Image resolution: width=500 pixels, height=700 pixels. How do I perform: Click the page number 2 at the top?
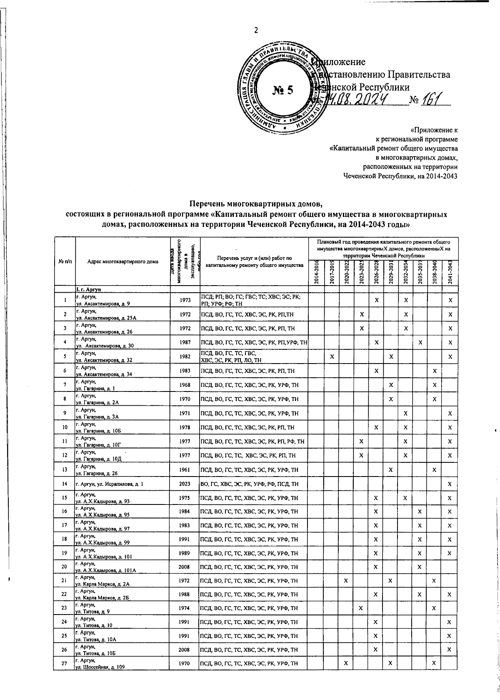[x=256, y=30]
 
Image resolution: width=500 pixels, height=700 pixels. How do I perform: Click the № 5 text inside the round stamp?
[x=283, y=90]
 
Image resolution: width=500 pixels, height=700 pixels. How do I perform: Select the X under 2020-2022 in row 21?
[x=346, y=580]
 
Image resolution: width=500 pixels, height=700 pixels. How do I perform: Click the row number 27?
[x=64, y=663]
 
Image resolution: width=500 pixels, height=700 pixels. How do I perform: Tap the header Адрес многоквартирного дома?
[x=123, y=262]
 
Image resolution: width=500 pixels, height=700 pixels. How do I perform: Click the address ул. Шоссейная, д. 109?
[x=100, y=666]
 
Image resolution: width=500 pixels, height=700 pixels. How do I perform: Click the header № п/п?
[x=64, y=262]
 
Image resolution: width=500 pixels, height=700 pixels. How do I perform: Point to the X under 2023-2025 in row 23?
[x=360, y=608]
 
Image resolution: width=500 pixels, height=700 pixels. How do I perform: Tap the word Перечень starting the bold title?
[x=207, y=204]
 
